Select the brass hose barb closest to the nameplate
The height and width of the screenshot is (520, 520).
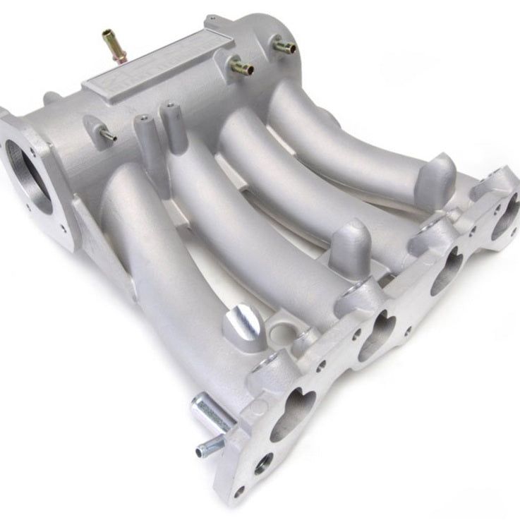[241, 67]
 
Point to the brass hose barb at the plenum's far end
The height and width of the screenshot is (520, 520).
[284, 47]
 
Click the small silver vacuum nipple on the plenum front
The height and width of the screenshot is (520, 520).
[108, 134]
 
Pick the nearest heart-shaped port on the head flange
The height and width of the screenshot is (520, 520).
[292, 413]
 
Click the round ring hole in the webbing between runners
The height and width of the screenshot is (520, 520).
[291, 328]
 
